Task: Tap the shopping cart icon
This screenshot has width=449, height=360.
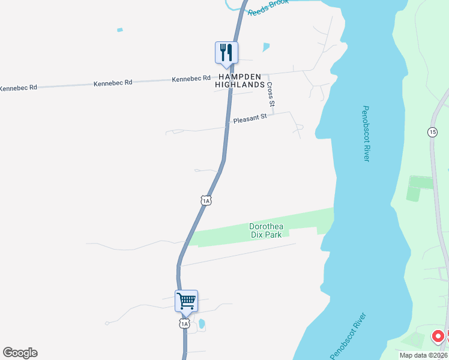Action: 186,300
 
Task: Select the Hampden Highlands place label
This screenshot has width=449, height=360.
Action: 240,81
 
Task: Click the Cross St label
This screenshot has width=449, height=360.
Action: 271,95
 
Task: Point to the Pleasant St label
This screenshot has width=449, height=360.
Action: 250,119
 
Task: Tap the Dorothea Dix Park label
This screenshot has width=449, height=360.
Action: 267,230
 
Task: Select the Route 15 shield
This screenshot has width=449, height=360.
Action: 432,131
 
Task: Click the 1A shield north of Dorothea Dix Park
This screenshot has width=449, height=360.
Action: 206,200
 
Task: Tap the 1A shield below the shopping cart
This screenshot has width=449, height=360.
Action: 184,323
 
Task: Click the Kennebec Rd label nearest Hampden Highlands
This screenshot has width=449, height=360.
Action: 191,79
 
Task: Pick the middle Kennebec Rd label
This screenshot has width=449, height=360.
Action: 113,83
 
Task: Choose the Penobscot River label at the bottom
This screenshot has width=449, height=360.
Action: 348,334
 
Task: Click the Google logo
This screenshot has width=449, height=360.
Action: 20,353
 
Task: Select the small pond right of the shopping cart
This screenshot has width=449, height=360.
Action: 202,325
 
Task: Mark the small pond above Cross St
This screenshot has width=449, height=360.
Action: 266,46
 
